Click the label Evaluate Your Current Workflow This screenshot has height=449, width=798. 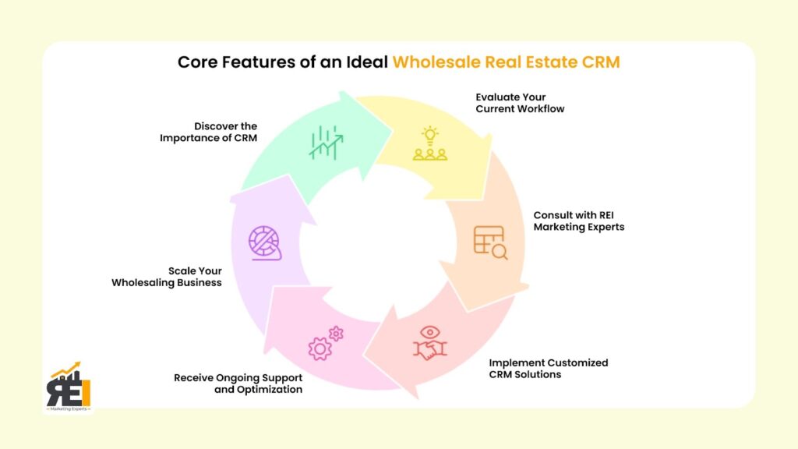click(x=520, y=103)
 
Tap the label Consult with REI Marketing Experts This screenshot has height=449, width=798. click(x=580, y=221)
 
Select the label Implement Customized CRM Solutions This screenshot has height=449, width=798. click(x=548, y=369)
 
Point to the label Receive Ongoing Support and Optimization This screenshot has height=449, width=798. click(x=238, y=384)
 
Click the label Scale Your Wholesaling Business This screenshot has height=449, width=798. click(x=167, y=277)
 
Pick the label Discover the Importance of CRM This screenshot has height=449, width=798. click(x=209, y=132)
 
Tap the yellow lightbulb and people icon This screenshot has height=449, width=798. click(x=429, y=143)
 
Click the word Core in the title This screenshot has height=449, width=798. click(x=198, y=62)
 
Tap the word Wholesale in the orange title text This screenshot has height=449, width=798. click(x=433, y=62)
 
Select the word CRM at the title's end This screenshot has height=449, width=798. click(x=601, y=62)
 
